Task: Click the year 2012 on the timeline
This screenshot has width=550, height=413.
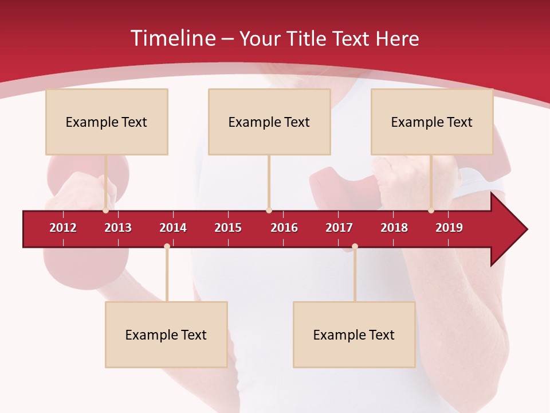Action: pyautogui.click(x=63, y=228)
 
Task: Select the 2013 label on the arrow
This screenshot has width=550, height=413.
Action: pyautogui.click(x=118, y=228)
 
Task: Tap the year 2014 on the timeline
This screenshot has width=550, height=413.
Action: pyautogui.click(x=173, y=228)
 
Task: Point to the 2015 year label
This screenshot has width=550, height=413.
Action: pyautogui.click(x=228, y=228)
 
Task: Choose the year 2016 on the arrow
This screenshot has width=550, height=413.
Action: pyautogui.click(x=284, y=228)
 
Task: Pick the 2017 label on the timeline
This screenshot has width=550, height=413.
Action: pyautogui.click(x=339, y=228)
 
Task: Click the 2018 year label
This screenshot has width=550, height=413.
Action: pyautogui.click(x=394, y=228)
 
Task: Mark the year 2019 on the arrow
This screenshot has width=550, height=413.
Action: pyautogui.click(x=449, y=228)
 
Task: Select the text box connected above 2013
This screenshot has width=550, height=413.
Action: pyautogui.click(x=107, y=122)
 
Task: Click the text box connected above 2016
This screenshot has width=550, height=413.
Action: pyautogui.click(x=269, y=122)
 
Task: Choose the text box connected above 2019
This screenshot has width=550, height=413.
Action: pyautogui.click(x=432, y=122)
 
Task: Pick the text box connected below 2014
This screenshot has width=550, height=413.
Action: pyautogui.click(x=166, y=334)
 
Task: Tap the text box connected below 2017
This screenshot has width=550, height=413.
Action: pyautogui.click(x=354, y=334)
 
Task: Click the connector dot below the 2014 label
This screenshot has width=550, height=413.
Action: pyautogui.click(x=167, y=246)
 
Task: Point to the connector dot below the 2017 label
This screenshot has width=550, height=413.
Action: pyautogui.click(x=355, y=246)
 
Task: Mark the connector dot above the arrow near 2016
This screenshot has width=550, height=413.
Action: pyautogui.click(x=269, y=211)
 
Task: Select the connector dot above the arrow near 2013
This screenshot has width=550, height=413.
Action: pyautogui.click(x=106, y=211)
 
